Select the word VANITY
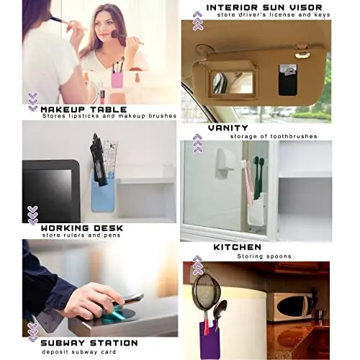228,127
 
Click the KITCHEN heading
237,247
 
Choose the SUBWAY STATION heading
90,342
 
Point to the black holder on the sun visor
288,79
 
